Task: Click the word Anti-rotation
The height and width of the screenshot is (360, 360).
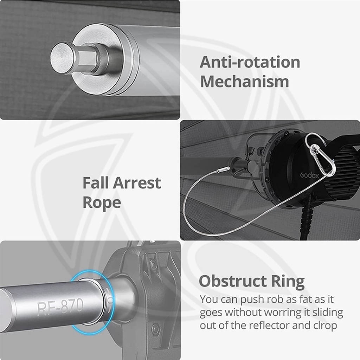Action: click(x=250, y=62)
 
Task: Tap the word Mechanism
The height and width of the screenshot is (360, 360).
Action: click(x=245, y=82)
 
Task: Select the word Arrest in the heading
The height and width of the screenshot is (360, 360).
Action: click(x=137, y=183)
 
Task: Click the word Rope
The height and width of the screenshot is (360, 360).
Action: click(x=102, y=203)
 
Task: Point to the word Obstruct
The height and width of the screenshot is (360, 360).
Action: click(x=233, y=281)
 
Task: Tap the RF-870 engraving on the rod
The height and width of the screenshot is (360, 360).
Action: click(x=60, y=307)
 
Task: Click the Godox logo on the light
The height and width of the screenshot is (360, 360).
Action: click(x=309, y=175)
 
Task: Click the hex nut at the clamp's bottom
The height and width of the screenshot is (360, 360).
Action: click(x=156, y=329)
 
